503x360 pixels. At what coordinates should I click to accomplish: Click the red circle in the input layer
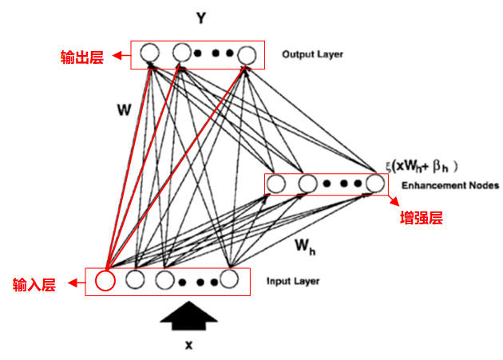coord(105,281)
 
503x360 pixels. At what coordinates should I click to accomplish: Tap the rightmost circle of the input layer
coord(230,280)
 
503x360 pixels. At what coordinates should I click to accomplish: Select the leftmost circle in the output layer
coord(149,54)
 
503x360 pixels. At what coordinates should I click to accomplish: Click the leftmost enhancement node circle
coord(276,184)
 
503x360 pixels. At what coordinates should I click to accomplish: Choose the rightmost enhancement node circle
coord(374,184)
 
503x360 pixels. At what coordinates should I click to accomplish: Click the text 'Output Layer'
coord(312,55)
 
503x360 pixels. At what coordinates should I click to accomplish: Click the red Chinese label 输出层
coord(82,57)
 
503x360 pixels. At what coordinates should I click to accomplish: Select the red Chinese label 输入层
coord(34,284)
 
